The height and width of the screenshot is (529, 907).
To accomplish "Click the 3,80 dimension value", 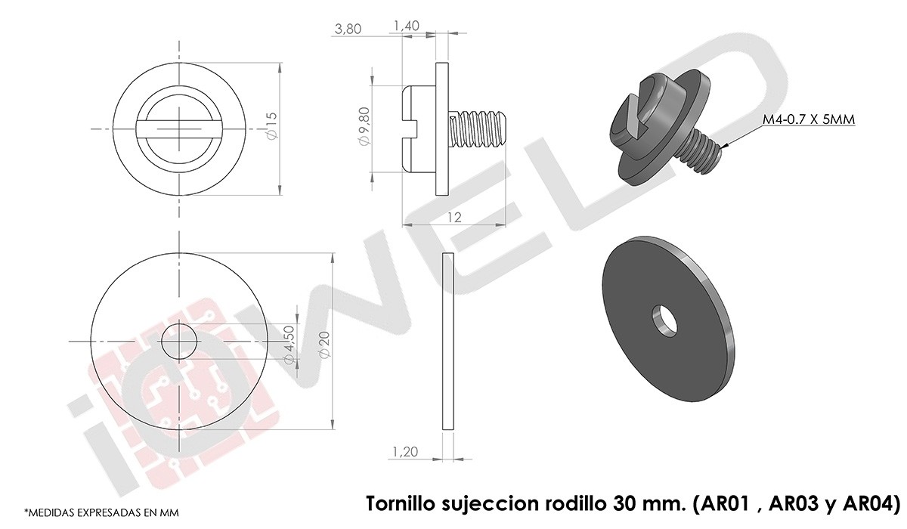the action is [348, 29].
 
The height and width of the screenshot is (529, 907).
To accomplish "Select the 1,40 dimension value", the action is [406, 26].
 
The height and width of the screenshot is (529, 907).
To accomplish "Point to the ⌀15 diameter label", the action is [272, 126].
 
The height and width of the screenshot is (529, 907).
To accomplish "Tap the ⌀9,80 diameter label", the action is [364, 126].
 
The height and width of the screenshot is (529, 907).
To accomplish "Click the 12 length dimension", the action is [455, 218].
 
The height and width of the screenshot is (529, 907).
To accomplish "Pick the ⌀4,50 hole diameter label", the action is [289, 345].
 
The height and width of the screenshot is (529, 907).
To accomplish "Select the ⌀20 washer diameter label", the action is [325, 345].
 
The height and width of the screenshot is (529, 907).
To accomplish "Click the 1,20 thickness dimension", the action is [405, 451].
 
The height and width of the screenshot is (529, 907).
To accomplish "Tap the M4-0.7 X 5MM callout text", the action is [809, 119].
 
